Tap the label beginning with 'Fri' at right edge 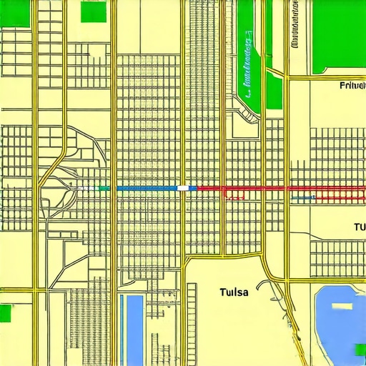(x=351, y=86)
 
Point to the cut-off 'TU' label (x=359, y=227)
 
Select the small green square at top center (x=93, y=11)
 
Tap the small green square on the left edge (x=6, y=313)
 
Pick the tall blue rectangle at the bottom (x=134, y=329)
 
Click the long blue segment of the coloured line (x=146, y=187)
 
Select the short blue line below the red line (x=304, y=197)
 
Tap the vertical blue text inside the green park (x=248, y=64)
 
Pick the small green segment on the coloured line (x=104, y=187)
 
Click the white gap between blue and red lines (x=185, y=187)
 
